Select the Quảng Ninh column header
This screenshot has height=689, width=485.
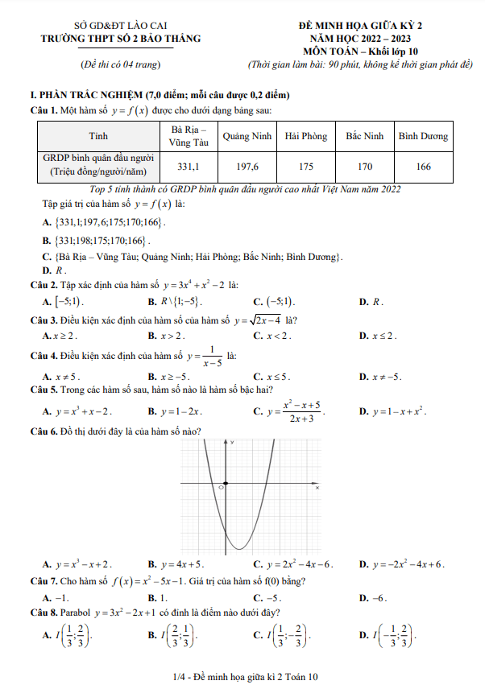(x=247, y=136)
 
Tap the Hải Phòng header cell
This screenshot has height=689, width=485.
(x=306, y=136)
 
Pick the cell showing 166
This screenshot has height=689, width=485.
(x=423, y=167)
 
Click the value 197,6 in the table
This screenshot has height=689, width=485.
(x=247, y=167)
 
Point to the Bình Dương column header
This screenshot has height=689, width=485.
(x=423, y=136)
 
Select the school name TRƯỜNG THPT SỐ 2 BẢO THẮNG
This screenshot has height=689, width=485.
(x=122, y=38)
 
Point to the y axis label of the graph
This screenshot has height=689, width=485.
(x=232, y=443)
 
